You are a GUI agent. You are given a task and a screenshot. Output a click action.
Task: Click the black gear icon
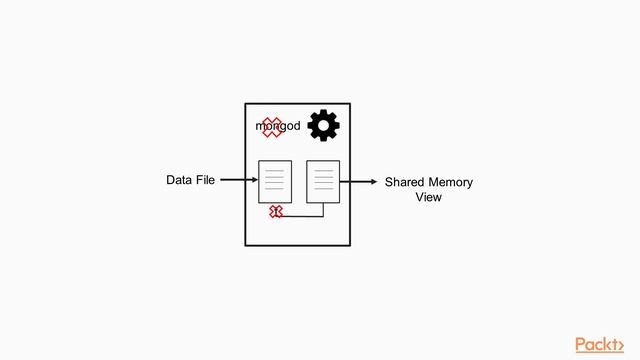(323, 126)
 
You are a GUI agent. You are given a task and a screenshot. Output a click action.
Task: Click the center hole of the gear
(323, 126)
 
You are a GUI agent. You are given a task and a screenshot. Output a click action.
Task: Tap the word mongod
(278, 127)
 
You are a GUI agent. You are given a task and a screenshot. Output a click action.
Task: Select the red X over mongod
(272, 127)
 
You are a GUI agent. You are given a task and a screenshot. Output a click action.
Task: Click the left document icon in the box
(275, 181)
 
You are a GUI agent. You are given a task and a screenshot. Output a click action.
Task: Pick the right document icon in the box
(323, 181)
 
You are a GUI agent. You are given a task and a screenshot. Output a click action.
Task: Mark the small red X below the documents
(276, 212)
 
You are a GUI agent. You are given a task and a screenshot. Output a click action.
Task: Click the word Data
(179, 181)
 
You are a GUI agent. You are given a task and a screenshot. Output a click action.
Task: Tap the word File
(205, 181)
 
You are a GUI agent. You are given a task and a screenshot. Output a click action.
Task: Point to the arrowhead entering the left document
(254, 181)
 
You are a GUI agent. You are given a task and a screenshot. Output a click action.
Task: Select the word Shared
(406, 183)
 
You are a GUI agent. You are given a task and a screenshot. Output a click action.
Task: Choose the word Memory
(451, 183)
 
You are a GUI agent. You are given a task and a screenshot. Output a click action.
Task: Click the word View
(428, 198)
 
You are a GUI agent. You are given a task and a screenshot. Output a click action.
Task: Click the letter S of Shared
(390, 183)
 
